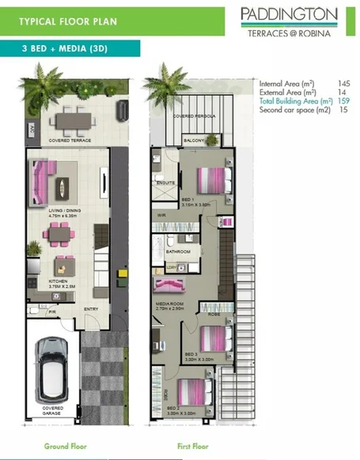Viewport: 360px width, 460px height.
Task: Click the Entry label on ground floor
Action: [91, 309]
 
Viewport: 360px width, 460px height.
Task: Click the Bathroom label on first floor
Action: [178, 251]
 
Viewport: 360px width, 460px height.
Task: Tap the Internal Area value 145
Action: [343, 82]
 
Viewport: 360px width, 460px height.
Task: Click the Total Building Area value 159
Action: [343, 101]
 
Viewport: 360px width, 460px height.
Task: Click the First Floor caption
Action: [192, 446]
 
